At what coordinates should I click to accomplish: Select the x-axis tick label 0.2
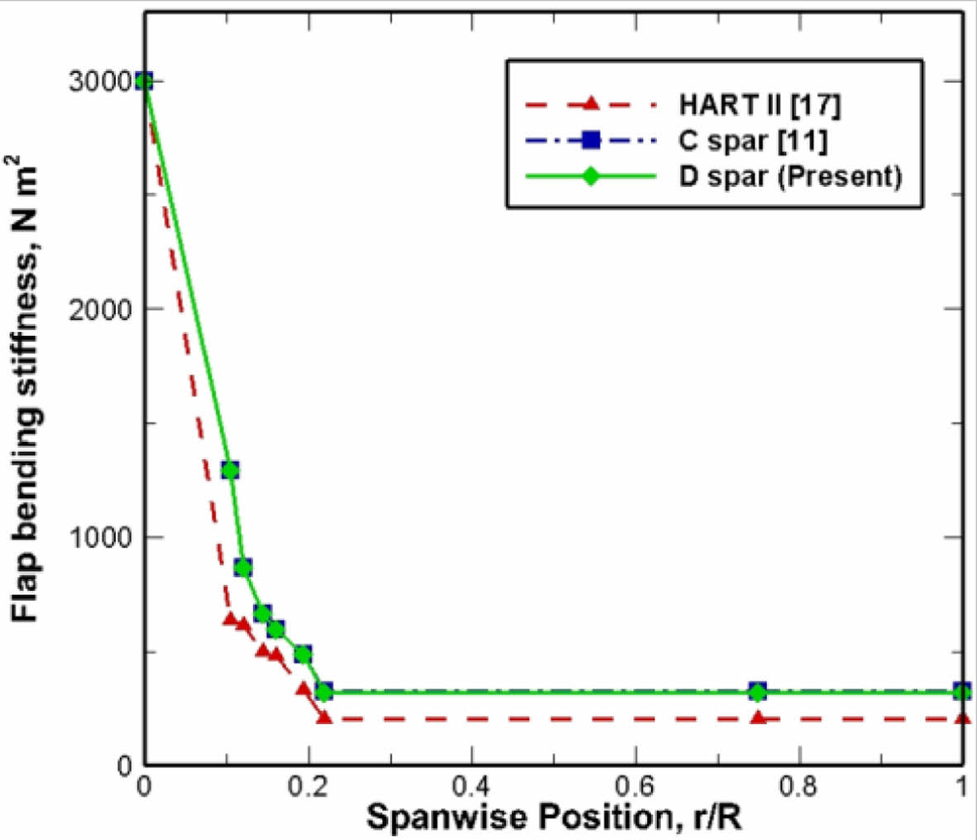(x=308, y=784)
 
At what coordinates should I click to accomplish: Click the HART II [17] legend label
(x=760, y=105)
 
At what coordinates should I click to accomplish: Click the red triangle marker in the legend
(x=590, y=104)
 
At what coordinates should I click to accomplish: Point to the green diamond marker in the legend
(x=590, y=176)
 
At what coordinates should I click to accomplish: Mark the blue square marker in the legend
(x=590, y=141)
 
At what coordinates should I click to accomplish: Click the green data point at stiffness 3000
(x=144, y=81)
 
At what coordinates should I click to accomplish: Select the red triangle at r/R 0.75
(x=758, y=718)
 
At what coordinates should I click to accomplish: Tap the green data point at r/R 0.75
(x=758, y=692)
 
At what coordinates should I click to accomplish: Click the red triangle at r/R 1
(x=962, y=718)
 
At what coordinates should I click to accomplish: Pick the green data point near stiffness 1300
(x=230, y=470)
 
